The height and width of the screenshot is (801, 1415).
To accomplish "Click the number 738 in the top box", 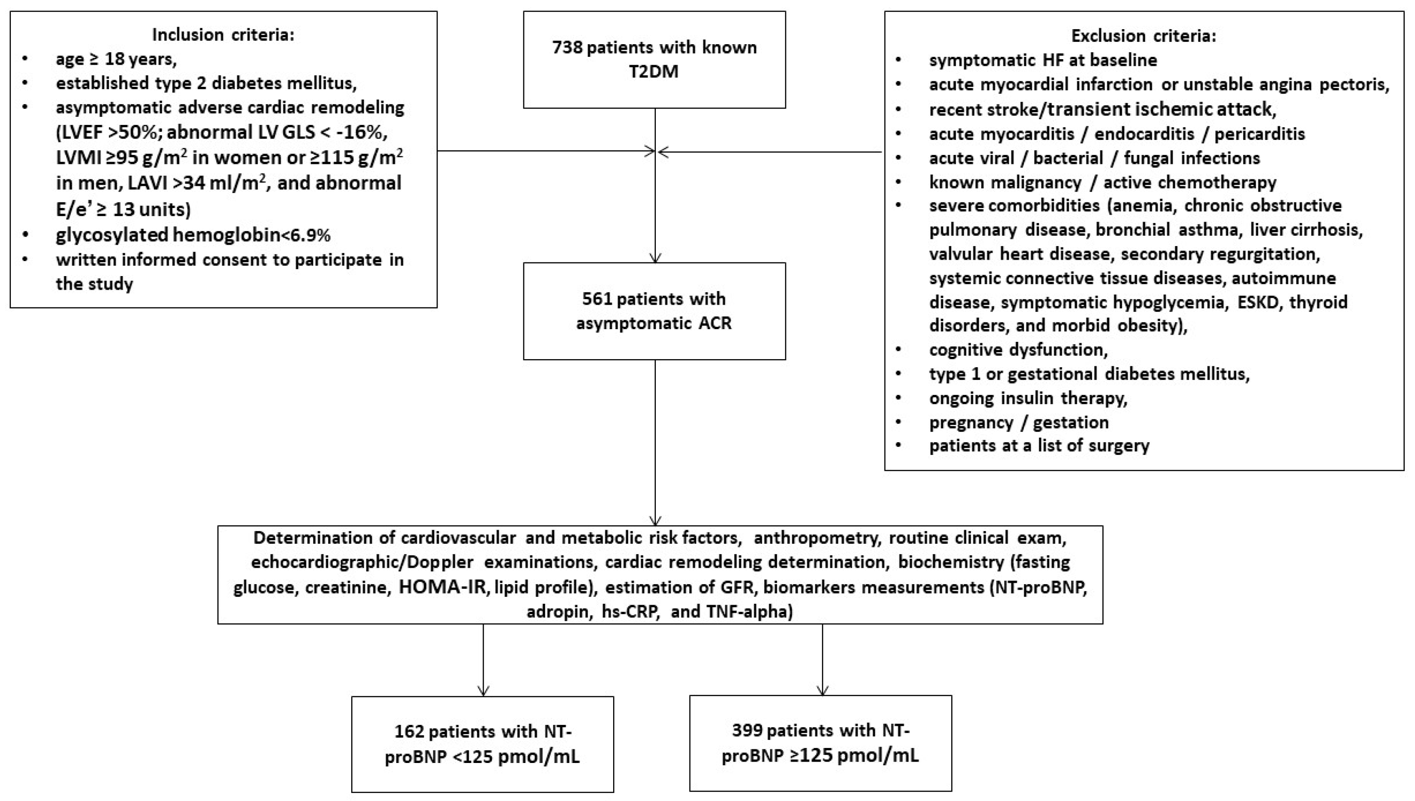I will (567, 48).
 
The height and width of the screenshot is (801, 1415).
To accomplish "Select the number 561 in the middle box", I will (597, 299).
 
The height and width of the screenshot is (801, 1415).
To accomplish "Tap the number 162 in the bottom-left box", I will (409, 732).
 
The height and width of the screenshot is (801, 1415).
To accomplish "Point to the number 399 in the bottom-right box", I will (747, 731).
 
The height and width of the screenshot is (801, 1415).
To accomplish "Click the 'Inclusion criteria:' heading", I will (223, 35).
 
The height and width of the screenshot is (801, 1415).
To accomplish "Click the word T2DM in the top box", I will (654, 72).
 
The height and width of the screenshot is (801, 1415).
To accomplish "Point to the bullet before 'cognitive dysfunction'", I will (899, 349).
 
